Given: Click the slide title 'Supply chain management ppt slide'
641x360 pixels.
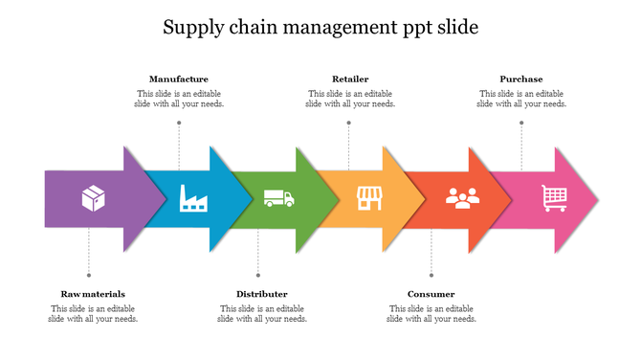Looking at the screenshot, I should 320,27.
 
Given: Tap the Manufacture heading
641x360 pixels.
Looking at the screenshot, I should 179,79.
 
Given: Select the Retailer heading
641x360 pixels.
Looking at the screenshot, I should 350,79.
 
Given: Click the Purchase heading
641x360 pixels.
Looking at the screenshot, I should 521,79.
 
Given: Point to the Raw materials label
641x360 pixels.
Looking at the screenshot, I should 93,294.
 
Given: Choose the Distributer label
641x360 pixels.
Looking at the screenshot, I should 262,294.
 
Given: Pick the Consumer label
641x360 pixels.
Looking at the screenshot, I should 431,294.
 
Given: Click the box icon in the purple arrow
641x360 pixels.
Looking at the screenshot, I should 94,199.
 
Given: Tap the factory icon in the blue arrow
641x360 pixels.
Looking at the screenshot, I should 193,198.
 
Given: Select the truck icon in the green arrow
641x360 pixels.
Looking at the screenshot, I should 278,198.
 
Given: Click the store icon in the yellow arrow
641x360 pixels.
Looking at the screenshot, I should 369,198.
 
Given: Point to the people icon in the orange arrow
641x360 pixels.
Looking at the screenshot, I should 462,198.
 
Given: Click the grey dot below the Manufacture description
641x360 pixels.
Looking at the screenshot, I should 179,123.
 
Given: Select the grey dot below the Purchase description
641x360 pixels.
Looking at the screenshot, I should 521,123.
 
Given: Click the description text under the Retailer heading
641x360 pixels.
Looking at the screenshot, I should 350,99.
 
